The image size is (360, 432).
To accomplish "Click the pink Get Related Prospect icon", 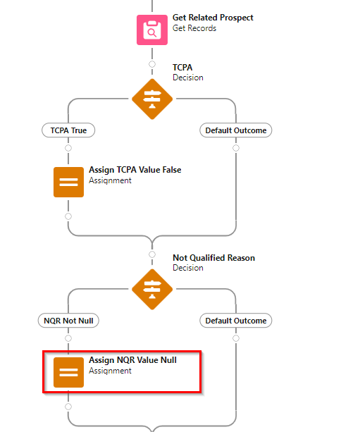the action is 152,30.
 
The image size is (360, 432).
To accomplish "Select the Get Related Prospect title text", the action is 213,18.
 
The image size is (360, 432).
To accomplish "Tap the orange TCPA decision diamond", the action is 152,99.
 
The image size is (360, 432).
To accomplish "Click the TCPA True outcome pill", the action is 68,130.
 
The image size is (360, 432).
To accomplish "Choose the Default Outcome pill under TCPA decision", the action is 236,130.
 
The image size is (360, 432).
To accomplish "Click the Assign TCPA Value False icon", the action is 68,182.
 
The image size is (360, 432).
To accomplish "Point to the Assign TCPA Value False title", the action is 135,170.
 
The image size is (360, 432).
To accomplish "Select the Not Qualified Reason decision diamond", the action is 152,289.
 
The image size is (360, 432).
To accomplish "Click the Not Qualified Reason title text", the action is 213,258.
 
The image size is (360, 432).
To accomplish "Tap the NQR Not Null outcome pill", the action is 68,321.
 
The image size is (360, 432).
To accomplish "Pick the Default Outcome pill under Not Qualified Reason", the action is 236,321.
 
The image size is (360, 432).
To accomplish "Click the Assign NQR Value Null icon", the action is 68,373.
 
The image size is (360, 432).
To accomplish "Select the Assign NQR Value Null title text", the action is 132,360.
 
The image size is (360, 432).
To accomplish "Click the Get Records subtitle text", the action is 194,28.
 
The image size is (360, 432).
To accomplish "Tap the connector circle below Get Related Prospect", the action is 152,64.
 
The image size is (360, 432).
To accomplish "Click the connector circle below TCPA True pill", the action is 68,148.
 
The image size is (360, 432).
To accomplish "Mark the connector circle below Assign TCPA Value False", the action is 68,216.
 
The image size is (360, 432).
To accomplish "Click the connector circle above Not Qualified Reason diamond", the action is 152,254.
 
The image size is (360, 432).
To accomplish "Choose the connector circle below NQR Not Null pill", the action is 68,338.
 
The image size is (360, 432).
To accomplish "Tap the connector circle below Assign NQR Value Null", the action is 68,407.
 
